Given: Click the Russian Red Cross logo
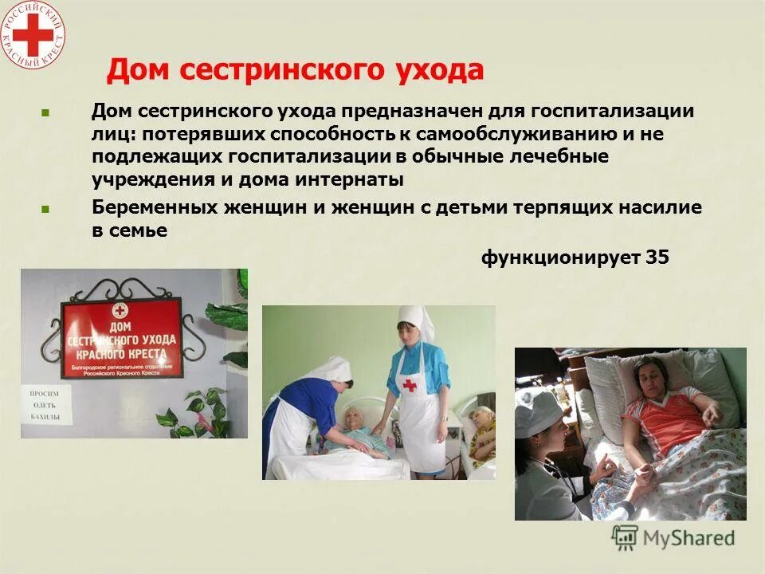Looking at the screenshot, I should click(x=33, y=34).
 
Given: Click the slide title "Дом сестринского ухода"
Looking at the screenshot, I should click(x=295, y=70).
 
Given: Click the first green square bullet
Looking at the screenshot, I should click(x=45, y=113).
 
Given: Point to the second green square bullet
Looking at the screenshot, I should click(x=45, y=210).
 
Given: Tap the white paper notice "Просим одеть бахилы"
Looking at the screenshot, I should click(x=49, y=406).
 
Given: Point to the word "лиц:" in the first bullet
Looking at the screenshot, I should click(x=111, y=134).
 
